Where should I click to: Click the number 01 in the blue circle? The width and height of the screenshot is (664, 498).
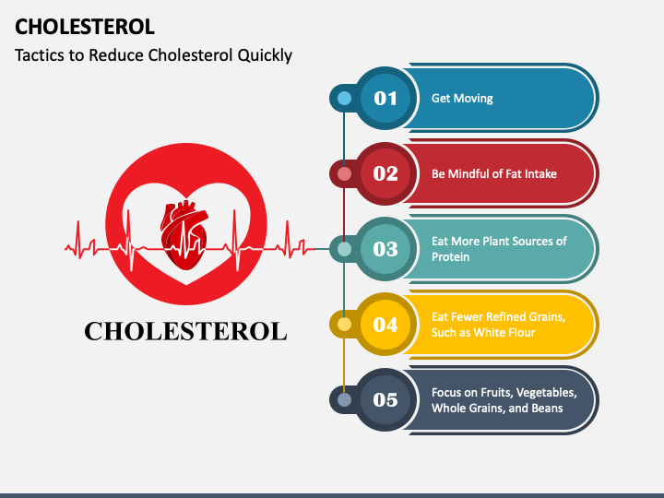(x=385, y=99)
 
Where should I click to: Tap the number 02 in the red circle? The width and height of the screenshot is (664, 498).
(x=385, y=173)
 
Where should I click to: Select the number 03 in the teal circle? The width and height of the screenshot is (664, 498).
(x=385, y=249)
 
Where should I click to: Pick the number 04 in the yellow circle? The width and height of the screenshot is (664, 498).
(x=385, y=325)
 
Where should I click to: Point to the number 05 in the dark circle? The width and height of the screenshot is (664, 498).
(x=385, y=399)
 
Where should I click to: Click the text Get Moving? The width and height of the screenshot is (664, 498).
(x=462, y=99)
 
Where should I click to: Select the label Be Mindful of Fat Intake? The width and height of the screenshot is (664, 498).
(x=493, y=173)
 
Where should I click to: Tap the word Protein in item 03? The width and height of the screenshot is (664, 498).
(x=450, y=257)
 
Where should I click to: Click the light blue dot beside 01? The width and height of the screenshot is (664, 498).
(x=344, y=99)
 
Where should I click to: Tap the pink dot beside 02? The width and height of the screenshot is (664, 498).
(x=344, y=173)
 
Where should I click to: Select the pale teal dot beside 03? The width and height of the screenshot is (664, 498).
(x=344, y=249)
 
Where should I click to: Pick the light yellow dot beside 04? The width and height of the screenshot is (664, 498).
(x=344, y=325)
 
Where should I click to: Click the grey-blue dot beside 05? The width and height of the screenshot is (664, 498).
(x=344, y=399)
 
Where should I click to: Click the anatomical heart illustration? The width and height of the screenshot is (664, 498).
(x=184, y=235)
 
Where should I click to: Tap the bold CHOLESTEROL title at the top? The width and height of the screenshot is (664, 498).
(x=85, y=27)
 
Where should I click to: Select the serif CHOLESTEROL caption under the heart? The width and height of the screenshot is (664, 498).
(x=186, y=331)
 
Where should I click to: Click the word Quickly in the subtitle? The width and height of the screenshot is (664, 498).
(x=265, y=55)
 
